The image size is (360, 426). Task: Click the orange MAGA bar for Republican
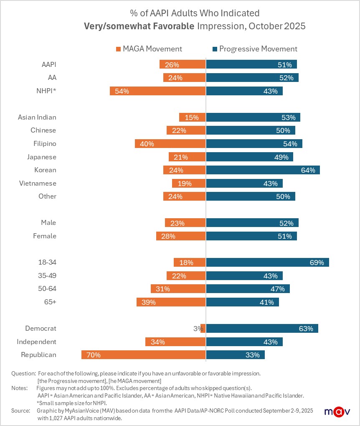click(143, 355)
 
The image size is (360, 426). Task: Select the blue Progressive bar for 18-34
click(267, 263)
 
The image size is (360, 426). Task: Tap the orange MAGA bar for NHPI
click(157, 91)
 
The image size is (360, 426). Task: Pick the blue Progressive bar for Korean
click(263, 170)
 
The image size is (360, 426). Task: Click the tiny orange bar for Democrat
click(203, 329)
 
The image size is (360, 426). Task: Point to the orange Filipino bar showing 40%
click(170, 144)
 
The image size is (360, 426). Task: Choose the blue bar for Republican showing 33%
click(235, 355)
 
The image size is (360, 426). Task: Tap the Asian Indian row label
click(37, 117)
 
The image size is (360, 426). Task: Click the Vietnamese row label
click(38, 183)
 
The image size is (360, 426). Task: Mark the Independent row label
click(36, 342)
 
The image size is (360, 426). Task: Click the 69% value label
click(317, 263)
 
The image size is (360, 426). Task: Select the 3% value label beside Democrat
click(198, 329)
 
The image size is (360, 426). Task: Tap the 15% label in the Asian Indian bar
click(192, 117)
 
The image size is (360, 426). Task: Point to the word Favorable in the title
click(173, 26)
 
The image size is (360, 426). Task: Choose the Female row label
click(45, 236)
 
